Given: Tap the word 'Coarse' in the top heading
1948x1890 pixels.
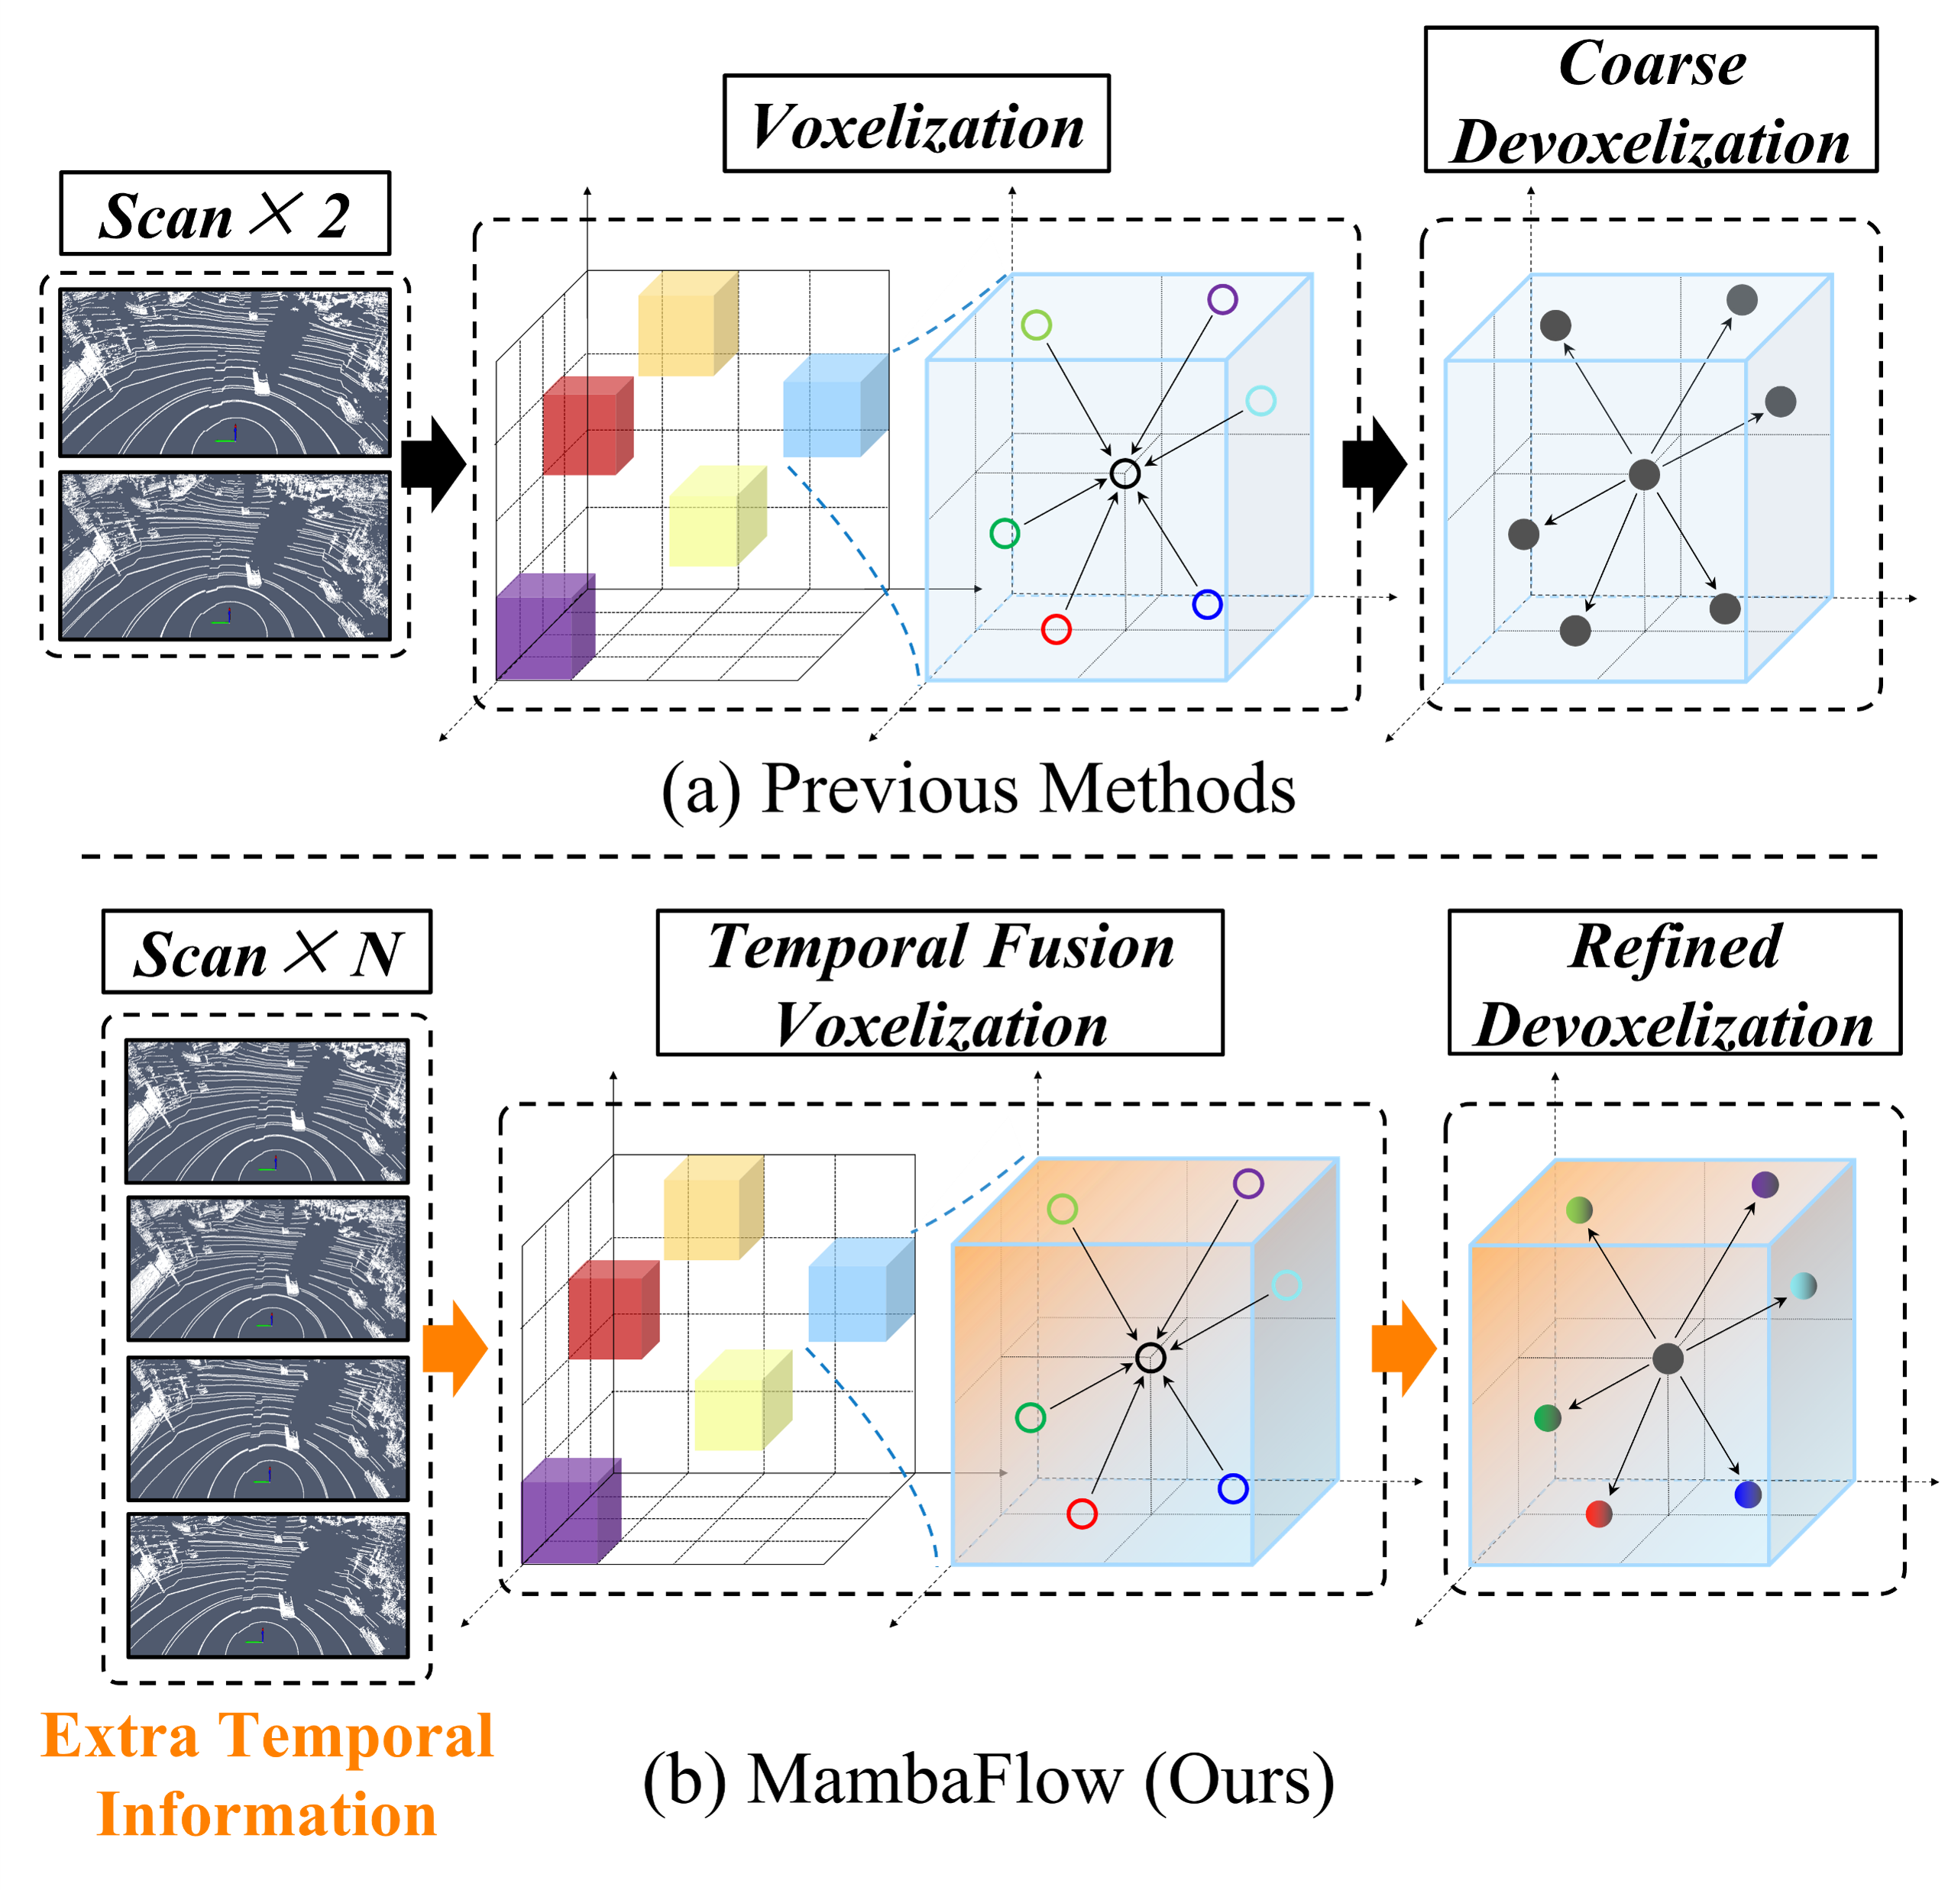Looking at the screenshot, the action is [x=1651, y=65].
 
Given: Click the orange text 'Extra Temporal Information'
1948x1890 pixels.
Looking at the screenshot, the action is [x=267, y=1775].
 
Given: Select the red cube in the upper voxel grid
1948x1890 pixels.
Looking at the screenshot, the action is [x=587, y=425].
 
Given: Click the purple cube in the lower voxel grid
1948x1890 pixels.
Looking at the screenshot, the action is [x=571, y=1510].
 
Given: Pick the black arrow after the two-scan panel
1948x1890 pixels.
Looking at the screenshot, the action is [x=433, y=464].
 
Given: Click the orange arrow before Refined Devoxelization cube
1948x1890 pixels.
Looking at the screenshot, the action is [x=1403, y=1349].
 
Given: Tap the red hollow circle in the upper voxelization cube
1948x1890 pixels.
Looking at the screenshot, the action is [x=1056, y=629].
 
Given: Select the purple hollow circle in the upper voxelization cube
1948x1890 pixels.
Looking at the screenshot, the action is [x=1222, y=299].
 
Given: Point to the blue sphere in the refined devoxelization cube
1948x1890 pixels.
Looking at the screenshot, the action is [x=1747, y=1494].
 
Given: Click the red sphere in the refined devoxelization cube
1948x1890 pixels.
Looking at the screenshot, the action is [x=1598, y=1514].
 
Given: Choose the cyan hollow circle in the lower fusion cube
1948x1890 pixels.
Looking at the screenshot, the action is [x=1286, y=1285].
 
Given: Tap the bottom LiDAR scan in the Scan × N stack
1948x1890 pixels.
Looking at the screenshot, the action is [x=267, y=1586].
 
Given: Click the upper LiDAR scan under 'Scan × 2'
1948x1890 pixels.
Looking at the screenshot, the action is [x=225, y=373].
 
